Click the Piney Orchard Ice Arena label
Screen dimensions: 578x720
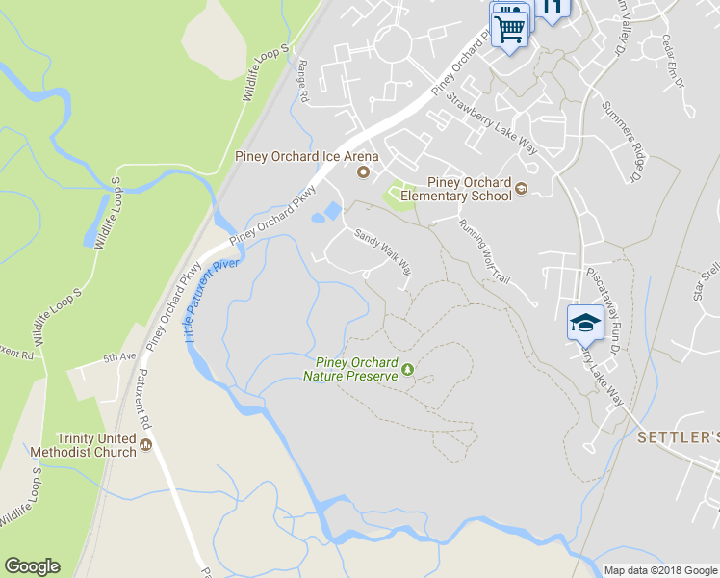point(307,156)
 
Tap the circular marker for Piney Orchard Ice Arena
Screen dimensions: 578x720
point(363,172)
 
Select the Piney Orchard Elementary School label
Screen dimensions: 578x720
point(455,188)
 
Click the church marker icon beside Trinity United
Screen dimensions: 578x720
point(145,444)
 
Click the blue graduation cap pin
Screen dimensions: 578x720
point(584,324)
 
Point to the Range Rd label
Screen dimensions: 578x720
point(302,82)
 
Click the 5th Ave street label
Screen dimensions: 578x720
point(120,357)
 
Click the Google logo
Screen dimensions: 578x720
point(32,566)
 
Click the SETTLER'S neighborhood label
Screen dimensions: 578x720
point(678,437)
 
